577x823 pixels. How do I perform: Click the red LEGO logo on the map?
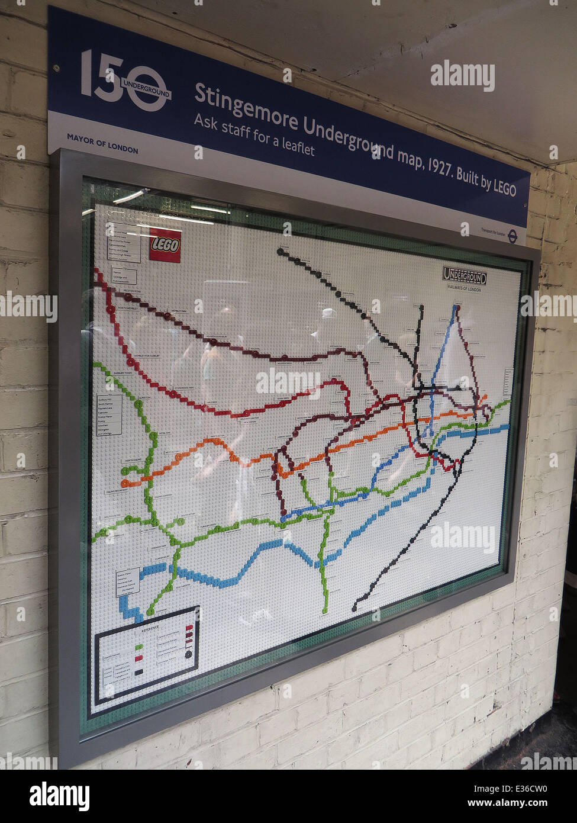[165, 245]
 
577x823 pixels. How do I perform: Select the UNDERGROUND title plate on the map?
[465, 275]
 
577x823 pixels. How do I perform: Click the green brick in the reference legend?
[140, 647]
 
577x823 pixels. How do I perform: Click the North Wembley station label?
[131, 308]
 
